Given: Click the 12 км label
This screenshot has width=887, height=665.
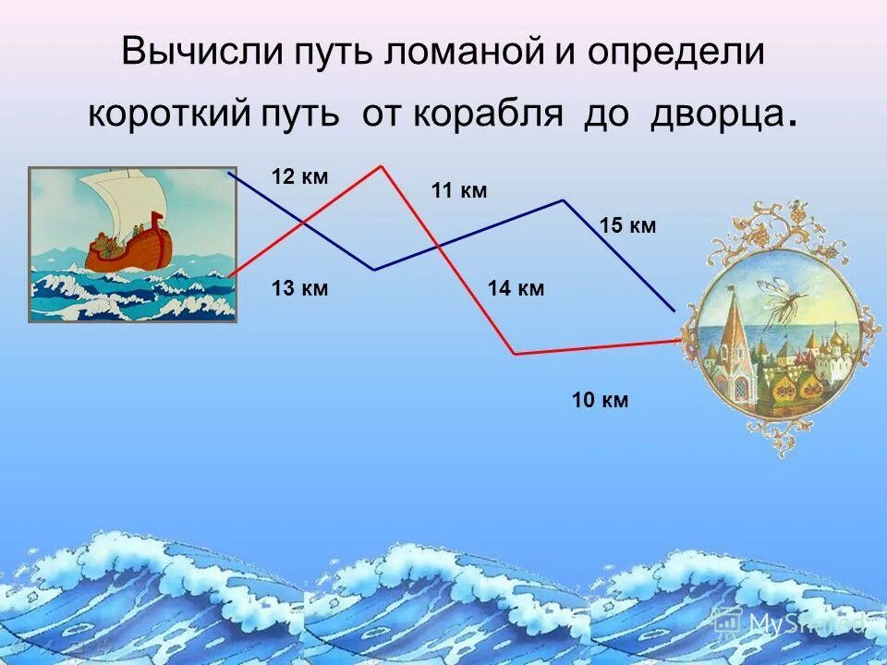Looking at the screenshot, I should pos(299,177).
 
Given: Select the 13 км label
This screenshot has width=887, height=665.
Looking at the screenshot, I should pos(299,289).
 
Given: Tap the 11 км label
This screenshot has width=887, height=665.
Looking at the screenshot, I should pos(459,191).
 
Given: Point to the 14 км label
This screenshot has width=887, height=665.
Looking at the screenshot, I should pos(516,289).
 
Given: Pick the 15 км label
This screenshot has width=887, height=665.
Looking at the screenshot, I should pos(627,226).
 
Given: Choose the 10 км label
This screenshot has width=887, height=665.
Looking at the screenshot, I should pos(600,400).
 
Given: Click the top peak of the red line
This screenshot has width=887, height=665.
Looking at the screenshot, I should pos(381,166).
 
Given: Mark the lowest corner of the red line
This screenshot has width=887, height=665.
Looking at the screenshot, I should pos(515,354).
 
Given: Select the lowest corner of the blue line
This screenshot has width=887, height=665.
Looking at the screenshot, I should pos(374,270).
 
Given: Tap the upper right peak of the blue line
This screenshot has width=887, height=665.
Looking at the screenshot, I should pos(563,199).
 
